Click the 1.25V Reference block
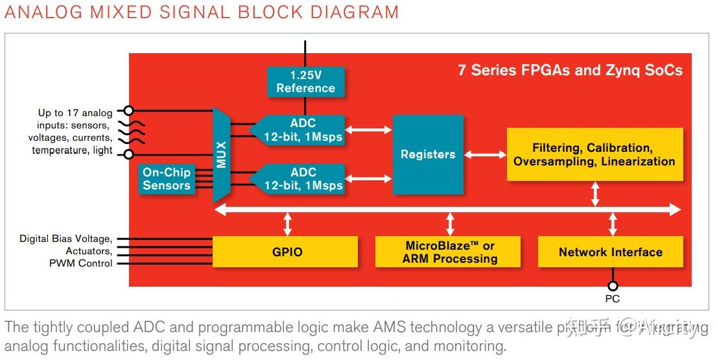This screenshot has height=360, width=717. [305, 81]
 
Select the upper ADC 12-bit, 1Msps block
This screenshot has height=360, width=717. [301, 130]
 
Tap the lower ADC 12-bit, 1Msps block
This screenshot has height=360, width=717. [301, 178]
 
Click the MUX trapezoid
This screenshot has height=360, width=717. [222, 155]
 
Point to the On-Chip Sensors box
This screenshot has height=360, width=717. [167, 179]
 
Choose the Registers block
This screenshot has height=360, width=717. [428, 154]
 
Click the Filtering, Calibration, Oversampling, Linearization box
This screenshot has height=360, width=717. [594, 154]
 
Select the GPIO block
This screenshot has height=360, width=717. [285, 252]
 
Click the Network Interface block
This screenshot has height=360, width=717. [610, 252]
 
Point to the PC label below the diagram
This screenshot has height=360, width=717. [612, 299]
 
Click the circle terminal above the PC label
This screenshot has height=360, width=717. [612, 286]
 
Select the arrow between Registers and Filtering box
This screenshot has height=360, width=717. [485, 154]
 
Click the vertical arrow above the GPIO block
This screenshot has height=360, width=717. [287, 223]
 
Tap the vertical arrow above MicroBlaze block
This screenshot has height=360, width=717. [450, 223]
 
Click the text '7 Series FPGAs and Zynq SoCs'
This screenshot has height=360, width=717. [570, 70]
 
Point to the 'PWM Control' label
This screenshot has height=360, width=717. [80, 263]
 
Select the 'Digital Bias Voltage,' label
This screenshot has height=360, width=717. [65, 239]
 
